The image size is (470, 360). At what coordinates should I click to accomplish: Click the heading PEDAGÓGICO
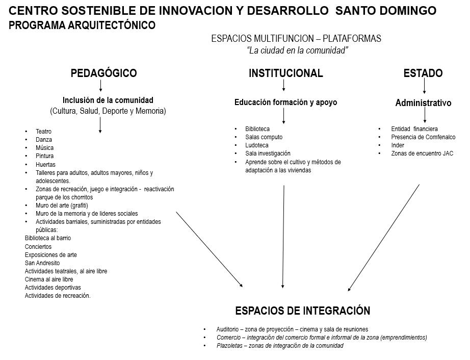click(103, 73)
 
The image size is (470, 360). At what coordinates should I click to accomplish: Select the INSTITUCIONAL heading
click(285, 73)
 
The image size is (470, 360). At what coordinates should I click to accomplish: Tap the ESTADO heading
click(423, 73)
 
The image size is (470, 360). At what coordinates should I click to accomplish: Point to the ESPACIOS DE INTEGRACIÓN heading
click(302, 311)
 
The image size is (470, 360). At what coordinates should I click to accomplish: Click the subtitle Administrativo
click(423, 103)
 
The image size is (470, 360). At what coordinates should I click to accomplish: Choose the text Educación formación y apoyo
click(285, 102)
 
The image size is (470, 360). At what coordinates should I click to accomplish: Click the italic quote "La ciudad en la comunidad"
click(297, 50)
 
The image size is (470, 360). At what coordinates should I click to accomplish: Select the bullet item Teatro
click(43, 132)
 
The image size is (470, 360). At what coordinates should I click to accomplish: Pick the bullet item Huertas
click(45, 164)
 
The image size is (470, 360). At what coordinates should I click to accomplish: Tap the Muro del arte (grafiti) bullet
click(62, 205)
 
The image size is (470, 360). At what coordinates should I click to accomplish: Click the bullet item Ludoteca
click(256, 145)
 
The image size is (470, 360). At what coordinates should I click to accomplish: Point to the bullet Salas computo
click(264, 137)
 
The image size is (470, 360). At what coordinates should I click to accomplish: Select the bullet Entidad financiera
click(414, 129)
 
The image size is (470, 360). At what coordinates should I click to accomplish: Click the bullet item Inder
click(398, 145)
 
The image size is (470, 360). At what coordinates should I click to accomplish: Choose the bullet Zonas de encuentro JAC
click(422, 153)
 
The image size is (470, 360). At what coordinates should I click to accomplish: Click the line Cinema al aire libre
click(49, 279)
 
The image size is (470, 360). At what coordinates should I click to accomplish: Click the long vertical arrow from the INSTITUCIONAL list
click(283, 237)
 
